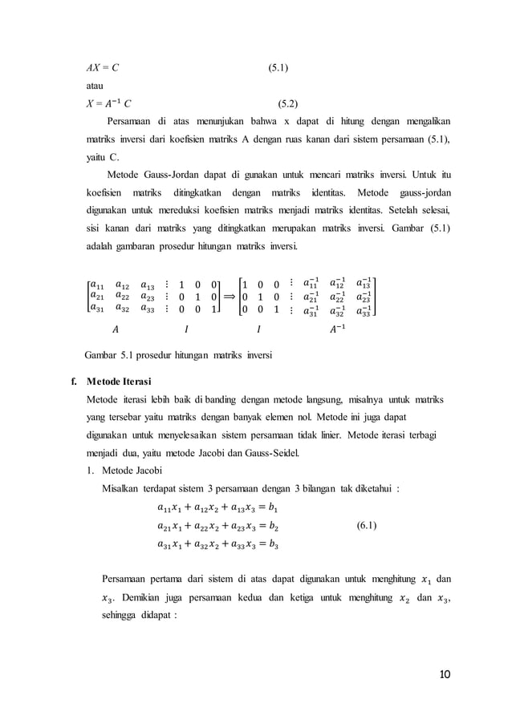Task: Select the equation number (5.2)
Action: (x=287, y=103)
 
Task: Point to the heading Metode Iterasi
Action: (x=124, y=380)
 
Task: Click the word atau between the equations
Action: (x=96, y=86)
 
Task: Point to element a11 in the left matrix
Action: (x=98, y=283)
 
